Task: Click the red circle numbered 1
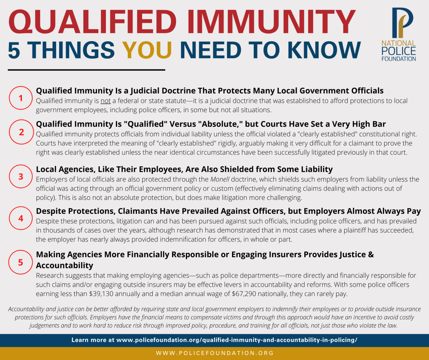click(21, 98)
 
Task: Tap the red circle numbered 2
click(22, 132)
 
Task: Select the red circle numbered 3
click(21, 176)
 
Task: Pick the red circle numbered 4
click(21, 218)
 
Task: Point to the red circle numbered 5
click(21, 262)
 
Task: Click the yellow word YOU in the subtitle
click(147, 50)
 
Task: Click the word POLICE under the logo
click(399, 51)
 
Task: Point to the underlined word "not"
click(106, 101)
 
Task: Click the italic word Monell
click(220, 179)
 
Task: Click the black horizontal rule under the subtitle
click(87, 70)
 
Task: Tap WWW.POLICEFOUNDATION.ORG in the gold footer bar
click(214, 353)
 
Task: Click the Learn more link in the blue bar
click(214, 340)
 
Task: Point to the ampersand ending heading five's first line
click(371, 255)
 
